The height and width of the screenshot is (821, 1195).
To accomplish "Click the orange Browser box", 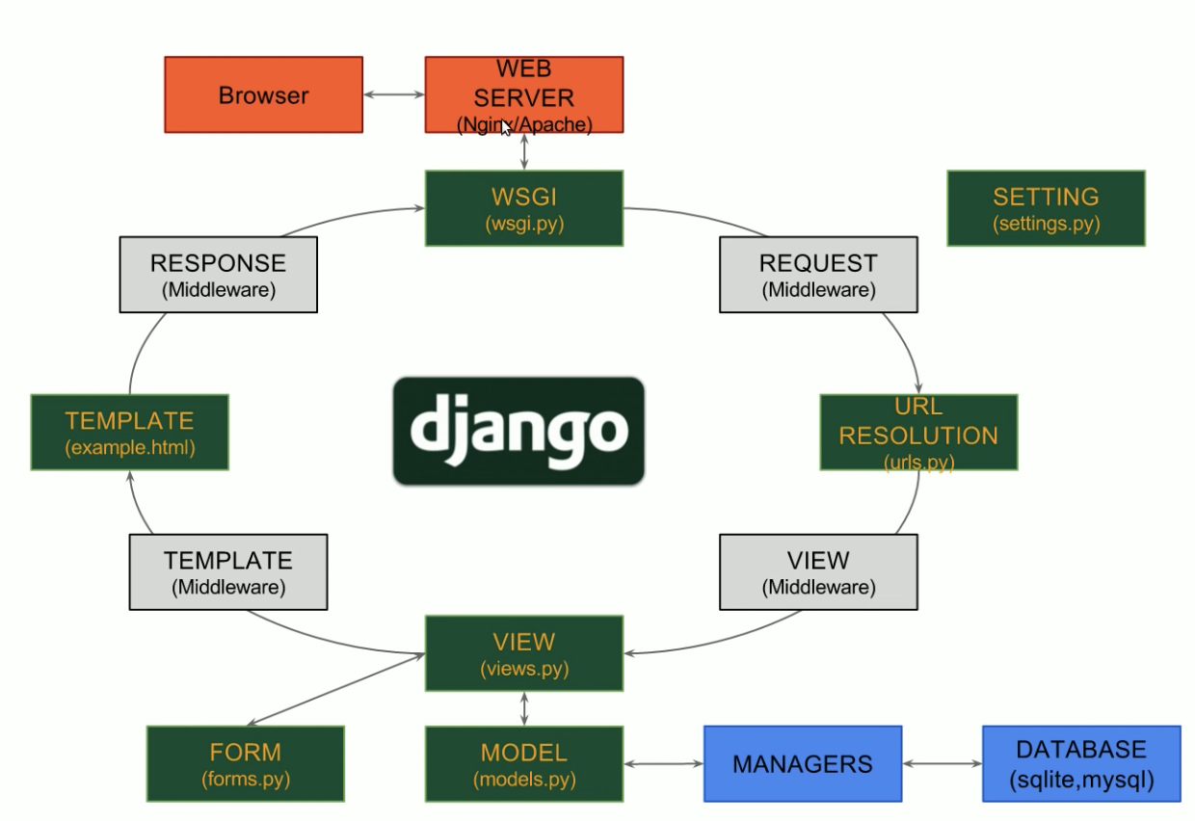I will pos(263,94).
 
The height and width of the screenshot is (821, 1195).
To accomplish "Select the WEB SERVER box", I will pos(524,94).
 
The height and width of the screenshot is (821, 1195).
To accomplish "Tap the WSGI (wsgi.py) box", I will pos(524,208).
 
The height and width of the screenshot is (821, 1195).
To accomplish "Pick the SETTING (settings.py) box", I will pos(1046,208).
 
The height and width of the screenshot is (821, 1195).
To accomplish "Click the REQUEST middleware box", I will pos(818,275).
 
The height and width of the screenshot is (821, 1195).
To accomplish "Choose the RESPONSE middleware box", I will pos(218,275).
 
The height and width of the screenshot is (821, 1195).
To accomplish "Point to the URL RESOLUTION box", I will pos(918,432).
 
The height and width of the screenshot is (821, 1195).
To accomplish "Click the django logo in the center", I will pos(518,431).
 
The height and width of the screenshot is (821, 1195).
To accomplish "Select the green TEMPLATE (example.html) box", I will pos(130,432).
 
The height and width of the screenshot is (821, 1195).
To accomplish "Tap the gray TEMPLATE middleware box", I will pos(228,572).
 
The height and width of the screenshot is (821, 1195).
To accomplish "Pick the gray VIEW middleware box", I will pos(818,572).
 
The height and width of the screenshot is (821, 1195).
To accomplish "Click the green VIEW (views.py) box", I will pos(524,653).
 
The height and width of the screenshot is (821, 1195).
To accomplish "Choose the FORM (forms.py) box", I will pos(245,763).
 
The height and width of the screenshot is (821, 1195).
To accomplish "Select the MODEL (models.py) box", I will pos(524,763).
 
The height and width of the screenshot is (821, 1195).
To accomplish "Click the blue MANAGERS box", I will pos(803,763).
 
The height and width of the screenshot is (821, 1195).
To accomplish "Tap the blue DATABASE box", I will pos(1081,763).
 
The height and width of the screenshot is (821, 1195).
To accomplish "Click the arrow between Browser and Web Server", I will pos(394,94).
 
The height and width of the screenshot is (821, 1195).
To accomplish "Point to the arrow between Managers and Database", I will pos(942,764).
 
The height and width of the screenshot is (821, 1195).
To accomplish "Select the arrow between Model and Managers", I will pos(663,764).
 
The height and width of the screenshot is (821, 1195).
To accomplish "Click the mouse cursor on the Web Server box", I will pos(506,128).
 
